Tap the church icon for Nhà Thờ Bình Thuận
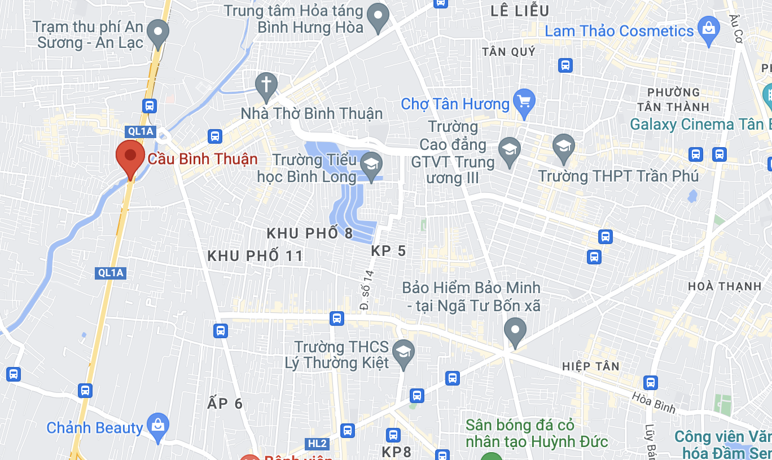265,85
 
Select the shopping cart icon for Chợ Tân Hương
524,102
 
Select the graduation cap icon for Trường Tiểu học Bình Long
371,165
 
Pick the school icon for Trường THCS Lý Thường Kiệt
403,352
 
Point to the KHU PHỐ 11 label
255,256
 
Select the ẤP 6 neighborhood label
225,404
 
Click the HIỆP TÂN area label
590,366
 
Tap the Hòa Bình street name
653,403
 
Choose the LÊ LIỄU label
520,10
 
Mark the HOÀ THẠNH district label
725,286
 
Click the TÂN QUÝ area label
508,52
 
